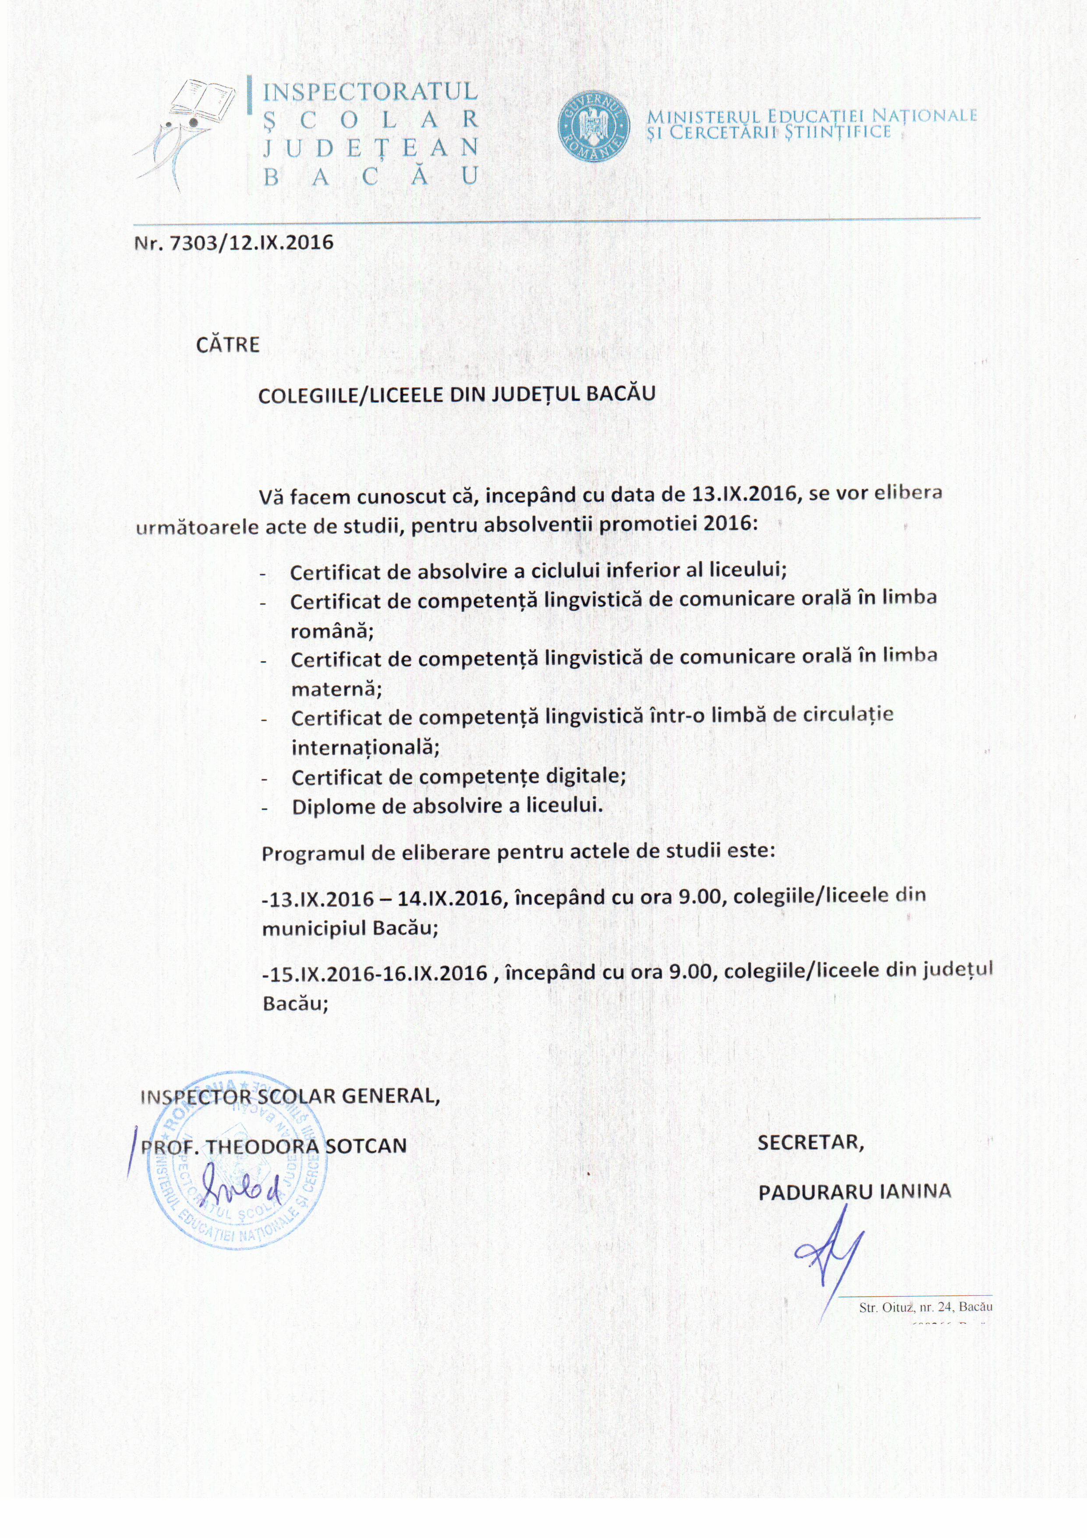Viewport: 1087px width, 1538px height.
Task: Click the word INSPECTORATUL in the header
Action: click(x=370, y=91)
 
